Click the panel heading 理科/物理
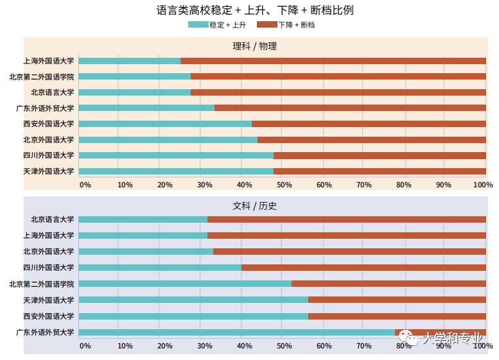(x=254, y=46)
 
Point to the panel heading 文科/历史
(x=254, y=206)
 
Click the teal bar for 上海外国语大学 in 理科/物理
(x=129, y=61)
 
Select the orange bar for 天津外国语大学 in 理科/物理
(x=380, y=171)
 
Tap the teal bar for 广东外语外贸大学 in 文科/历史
(x=236, y=332)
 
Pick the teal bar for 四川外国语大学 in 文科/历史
(x=160, y=268)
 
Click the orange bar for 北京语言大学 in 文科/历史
(x=347, y=219)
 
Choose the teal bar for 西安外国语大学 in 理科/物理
(x=165, y=124)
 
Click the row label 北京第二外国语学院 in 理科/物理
(x=41, y=76)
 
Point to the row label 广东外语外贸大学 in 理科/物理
(x=45, y=108)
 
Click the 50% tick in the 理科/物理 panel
(x=283, y=185)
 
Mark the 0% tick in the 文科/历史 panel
(x=85, y=346)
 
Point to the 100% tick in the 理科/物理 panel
(x=482, y=185)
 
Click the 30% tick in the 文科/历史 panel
(x=204, y=346)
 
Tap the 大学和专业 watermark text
(x=452, y=338)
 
